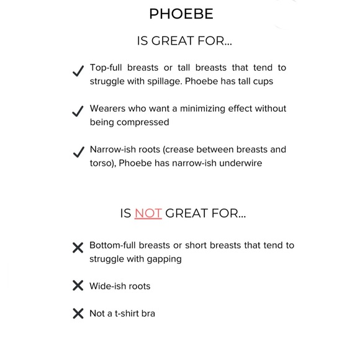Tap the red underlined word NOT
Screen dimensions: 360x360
[148, 214]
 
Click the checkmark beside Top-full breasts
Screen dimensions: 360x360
[78, 71]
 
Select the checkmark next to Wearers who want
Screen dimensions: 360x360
[78, 112]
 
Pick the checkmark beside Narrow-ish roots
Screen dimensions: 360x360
[78, 153]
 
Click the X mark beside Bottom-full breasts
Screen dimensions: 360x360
[78, 248]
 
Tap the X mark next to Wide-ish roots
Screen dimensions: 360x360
[78, 286]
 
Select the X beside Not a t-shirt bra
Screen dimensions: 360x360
[78, 313]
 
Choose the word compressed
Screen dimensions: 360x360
[146, 122]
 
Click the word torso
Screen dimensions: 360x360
[102, 163]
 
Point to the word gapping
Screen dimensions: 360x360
[163, 259]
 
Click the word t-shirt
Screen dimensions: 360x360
[125, 313]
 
